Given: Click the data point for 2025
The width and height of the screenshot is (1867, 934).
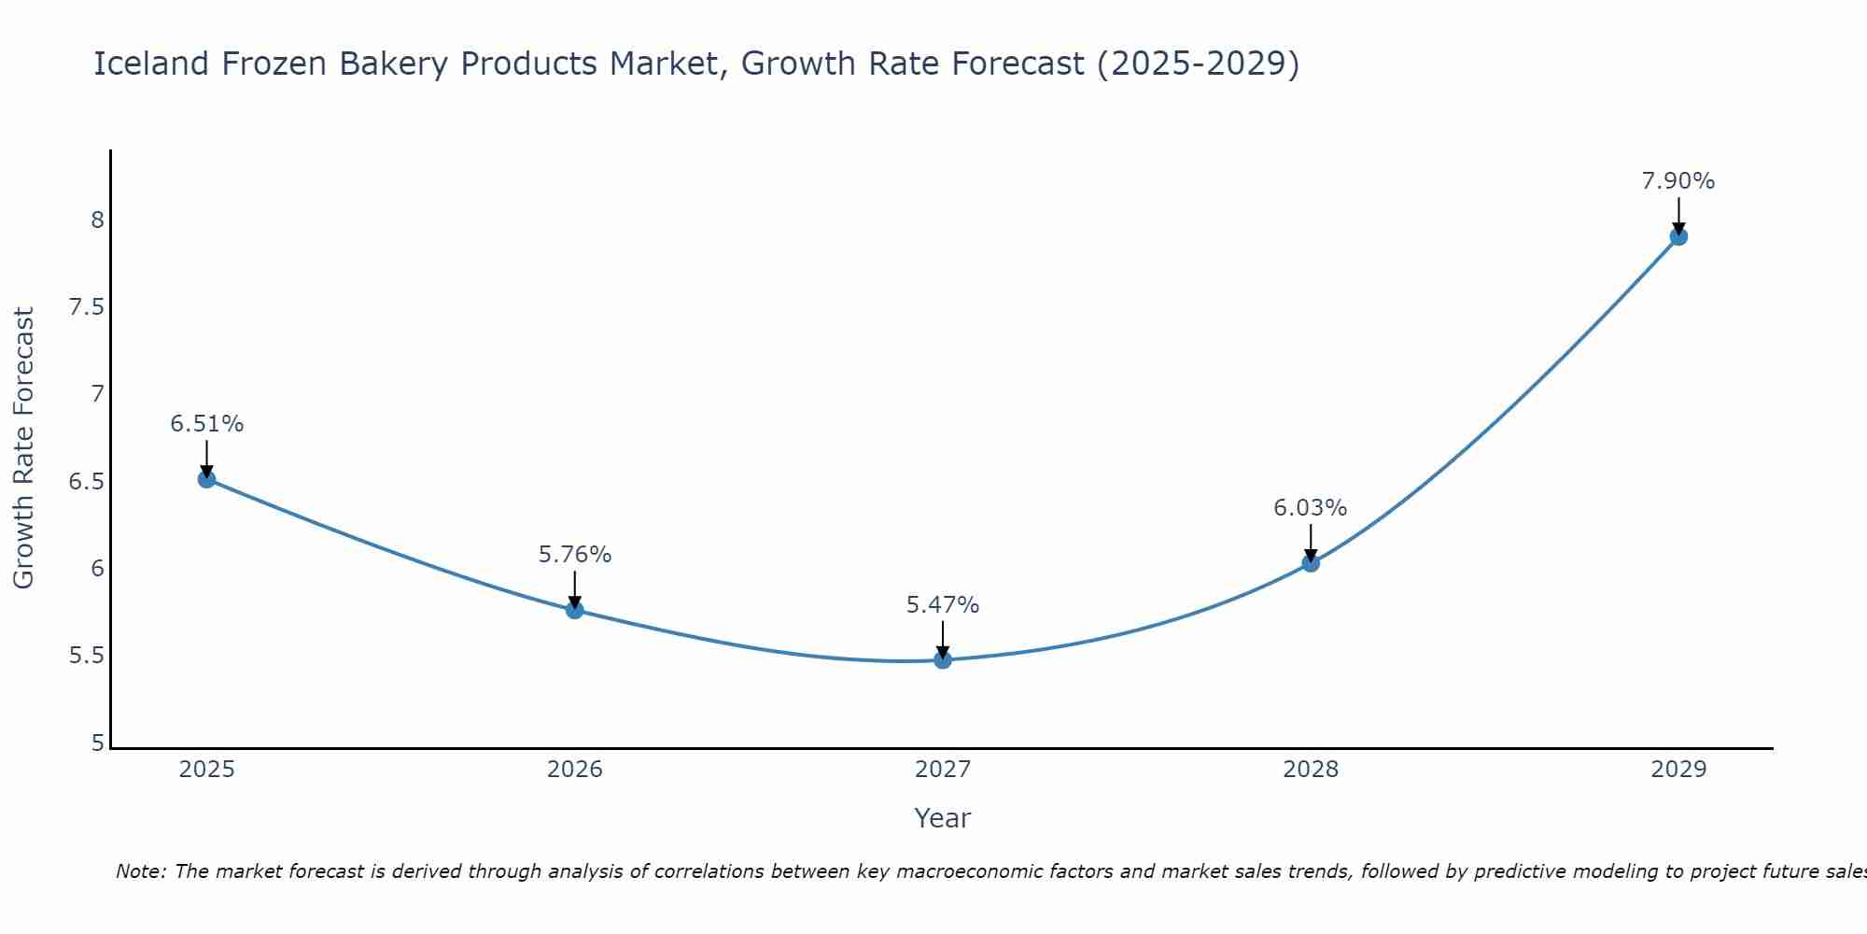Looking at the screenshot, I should (x=207, y=479).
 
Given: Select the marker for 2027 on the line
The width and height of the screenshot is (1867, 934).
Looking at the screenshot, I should (x=943, y=659).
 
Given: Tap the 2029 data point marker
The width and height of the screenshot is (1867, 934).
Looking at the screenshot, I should (x=1678, y=236).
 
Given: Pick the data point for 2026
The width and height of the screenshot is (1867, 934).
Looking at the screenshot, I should (x=575, y=610).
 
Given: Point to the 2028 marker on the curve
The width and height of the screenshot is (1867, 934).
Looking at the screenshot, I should (x=1311, y=563).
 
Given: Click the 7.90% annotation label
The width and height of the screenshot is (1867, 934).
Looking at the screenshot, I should (x=1678, y=181).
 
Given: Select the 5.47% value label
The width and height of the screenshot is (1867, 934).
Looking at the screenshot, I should (x=943, y=605).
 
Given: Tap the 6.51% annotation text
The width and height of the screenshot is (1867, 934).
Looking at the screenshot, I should (x=207, y=424).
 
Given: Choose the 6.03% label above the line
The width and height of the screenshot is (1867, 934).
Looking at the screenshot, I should (x=1311, y=508).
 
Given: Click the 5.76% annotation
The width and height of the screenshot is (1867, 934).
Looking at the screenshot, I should (x=575, y=555).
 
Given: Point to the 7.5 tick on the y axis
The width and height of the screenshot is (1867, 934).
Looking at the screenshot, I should (x=87, y=307).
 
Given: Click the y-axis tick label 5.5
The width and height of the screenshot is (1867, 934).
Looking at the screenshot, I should (x=87, y=656).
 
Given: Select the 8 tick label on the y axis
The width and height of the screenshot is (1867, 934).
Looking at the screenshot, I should (x=97, y=220).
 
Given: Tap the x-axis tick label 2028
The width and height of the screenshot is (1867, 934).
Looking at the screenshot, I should (x=1311, y=770).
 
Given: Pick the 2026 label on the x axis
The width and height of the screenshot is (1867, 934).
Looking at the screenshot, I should (x=575, y=770).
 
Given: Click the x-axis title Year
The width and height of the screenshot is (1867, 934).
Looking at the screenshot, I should (x=943, y=818).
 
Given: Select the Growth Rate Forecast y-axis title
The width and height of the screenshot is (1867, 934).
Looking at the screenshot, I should (x=24, y=448).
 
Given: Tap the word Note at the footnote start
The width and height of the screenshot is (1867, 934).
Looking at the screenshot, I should (x=140, y=871).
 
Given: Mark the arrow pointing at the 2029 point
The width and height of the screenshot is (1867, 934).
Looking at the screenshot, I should (x=1678, y=215).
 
